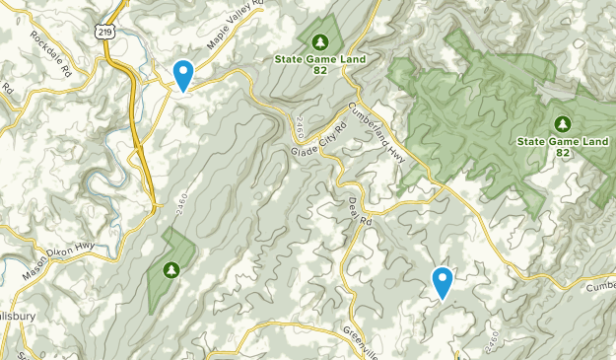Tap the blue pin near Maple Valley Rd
click(183, 74)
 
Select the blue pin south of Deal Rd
click(444, 282)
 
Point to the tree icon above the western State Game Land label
click(319, 42)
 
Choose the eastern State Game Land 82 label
click(563, 147)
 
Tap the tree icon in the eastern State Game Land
click(563, 124)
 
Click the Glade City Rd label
click(319, 141)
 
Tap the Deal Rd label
click(353, 210)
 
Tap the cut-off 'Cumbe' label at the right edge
click(600, 286)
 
